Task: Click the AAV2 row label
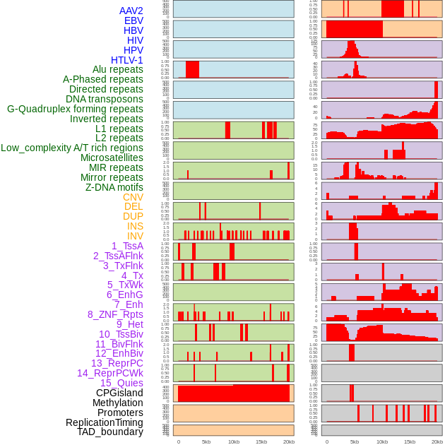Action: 131,11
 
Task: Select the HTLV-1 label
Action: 126,60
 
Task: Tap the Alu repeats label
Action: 117,69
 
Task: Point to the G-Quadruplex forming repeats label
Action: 75,109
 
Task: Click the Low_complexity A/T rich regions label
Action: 72,148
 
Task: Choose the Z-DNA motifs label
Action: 114,187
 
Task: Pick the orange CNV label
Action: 133,197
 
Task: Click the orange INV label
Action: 135,236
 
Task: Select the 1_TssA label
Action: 127,246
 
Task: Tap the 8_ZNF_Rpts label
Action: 115,314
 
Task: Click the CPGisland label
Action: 119,393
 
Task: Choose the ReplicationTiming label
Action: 104,422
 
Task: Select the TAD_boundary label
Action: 109,432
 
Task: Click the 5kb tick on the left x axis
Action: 206,441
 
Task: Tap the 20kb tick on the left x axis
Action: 288,441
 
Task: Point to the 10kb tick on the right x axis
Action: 382,441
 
